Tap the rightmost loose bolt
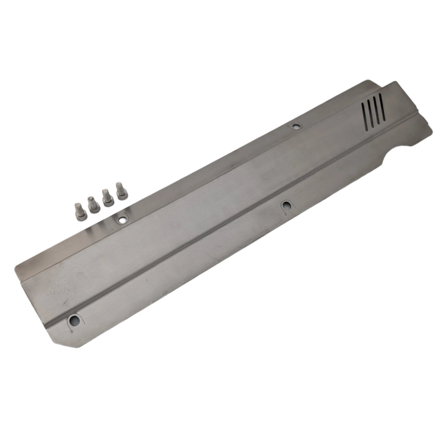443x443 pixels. [x=120, y=191]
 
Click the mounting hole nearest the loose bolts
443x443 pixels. [x=121, y=220]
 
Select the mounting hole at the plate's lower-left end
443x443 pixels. [x=75, y=320]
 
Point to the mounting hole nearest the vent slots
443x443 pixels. [x=295, y=127]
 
